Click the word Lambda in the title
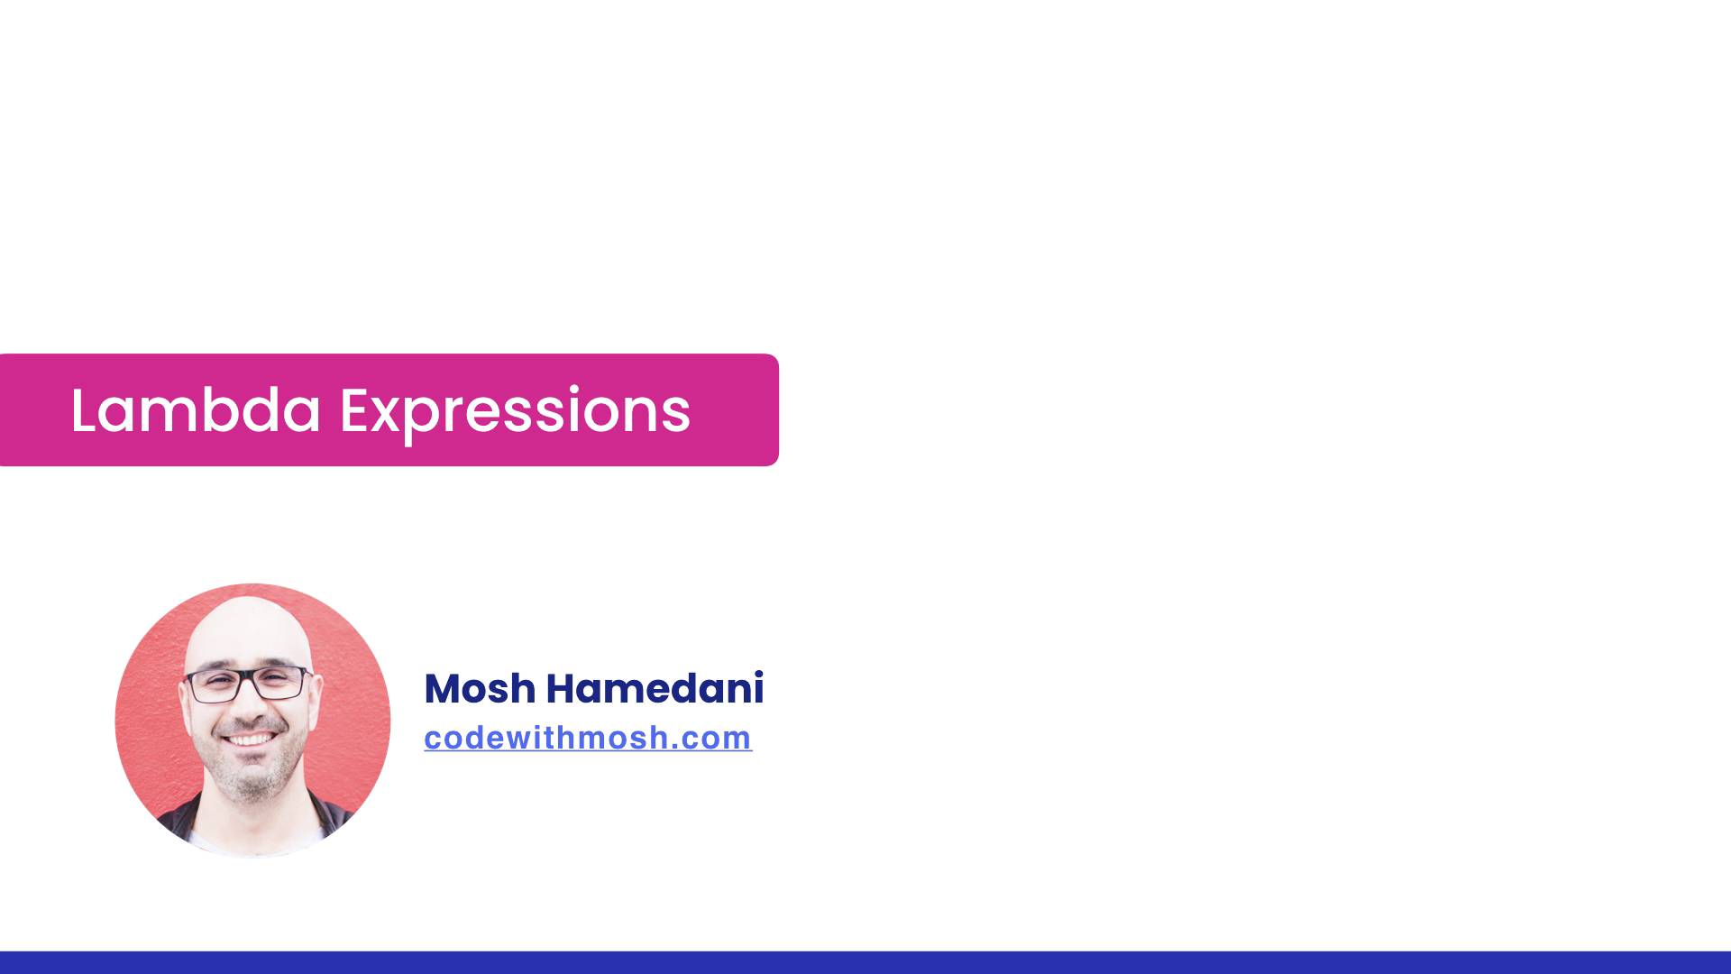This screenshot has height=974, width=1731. [x=195, y=411]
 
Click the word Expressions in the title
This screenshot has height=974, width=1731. [x=514, y=411]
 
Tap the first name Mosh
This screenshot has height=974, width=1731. [x=479, y=689]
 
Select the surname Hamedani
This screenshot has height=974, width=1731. [x=655, y=689]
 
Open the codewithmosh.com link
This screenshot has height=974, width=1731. [x=588, y=738]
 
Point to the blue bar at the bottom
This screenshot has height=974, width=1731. [x=865, y=962]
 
